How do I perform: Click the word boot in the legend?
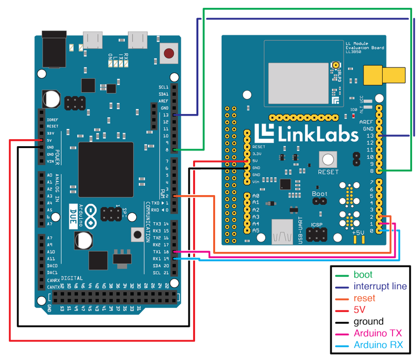[x=363, y=275]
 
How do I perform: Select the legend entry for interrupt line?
[x=380, y=286]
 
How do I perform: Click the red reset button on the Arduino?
[x=169, y=53]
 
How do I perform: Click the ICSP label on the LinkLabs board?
[x=317, y=226]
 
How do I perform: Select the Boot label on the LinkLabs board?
[x=320, y=194]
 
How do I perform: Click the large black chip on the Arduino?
[x=106, y=170]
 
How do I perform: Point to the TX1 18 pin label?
[x=161, y=251]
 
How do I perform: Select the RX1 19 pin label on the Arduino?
[x=161, y=258]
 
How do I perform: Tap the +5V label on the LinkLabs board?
[x=358, y=232]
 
